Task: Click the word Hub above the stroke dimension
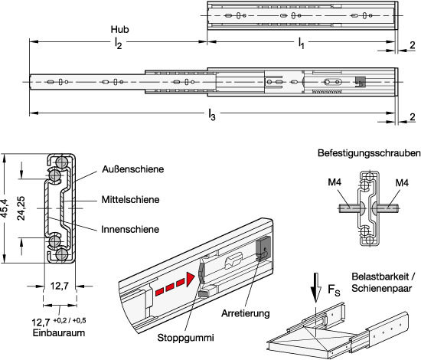[x=119, y=29]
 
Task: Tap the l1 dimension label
[x=302, y=43]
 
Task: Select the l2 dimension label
[x=118, y=43]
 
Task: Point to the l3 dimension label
[x=212, y=115]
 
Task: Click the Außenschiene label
[x=133, y=169]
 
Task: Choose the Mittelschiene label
[x=130, y=200]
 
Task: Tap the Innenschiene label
[x=130, y=230]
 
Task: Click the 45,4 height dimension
[x=5, y=208]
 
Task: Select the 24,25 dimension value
[x=21, y=208]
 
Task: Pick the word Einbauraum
[x=59, y=333]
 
